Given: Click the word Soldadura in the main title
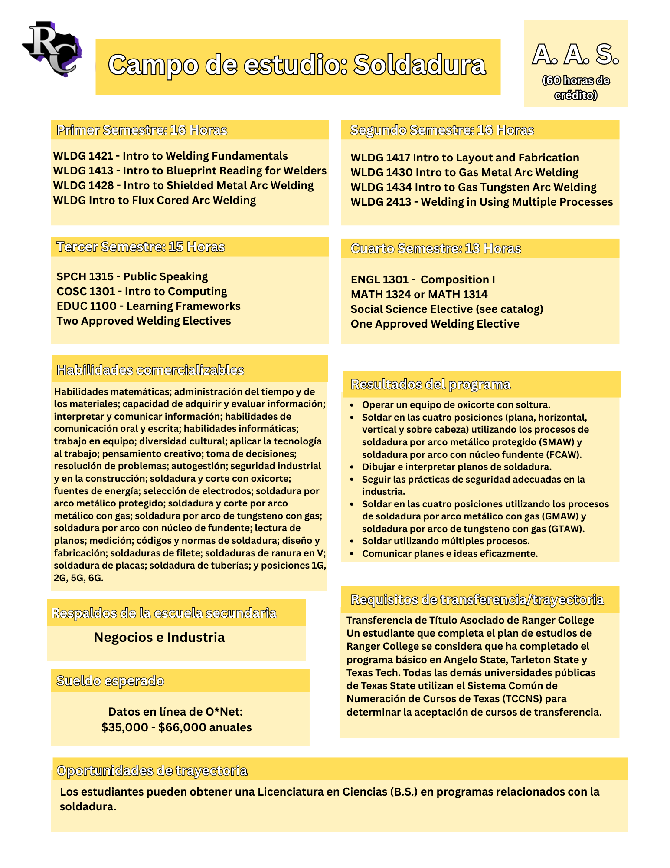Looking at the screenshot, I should (x=419, y=65).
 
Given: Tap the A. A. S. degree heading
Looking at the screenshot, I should (x=575, y=55).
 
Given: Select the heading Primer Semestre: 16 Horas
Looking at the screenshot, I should (x=142, y=130).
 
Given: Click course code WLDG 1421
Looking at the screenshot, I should (x=83, y=156).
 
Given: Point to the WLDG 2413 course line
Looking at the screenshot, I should (x=481, y=202).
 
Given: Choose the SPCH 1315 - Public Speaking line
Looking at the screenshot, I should (x=132, y=277).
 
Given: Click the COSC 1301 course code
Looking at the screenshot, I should (x=85, y=292).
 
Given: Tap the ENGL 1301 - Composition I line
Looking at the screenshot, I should (x=422, y=280).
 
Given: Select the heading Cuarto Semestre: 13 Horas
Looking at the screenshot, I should (x=435, y=249).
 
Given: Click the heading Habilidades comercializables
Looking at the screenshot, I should (x=150, y=370).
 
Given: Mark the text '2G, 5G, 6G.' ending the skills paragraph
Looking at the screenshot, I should (x=78, y=578).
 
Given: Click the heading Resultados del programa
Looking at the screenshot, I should (x=430, y=385).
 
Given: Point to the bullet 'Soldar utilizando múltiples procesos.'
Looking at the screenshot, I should (x=445, y=541).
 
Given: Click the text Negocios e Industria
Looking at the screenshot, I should (x=159, y=638).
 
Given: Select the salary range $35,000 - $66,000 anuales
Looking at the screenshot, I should (x=176, y=727).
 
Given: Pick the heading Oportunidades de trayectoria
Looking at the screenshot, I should (x=152, y=771).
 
